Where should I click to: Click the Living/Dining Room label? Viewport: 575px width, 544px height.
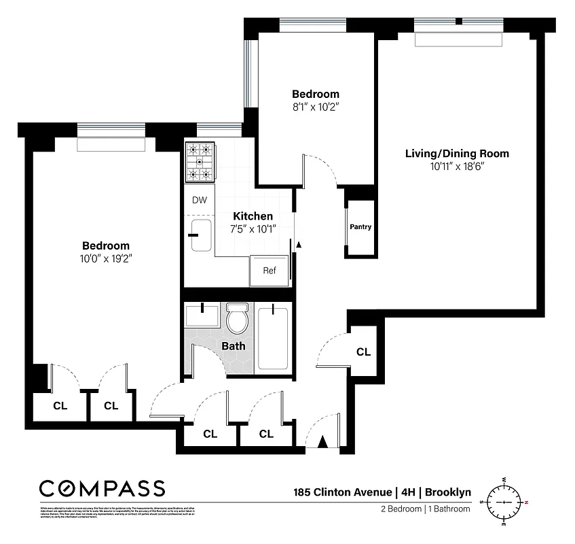click(456, 153)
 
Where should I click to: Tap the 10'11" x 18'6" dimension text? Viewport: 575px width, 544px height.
click(456, 167)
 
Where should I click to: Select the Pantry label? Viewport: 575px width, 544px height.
click(360, 227)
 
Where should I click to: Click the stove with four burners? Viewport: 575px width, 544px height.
click(200, 162)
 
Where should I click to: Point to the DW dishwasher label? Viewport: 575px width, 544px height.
click(198, 200)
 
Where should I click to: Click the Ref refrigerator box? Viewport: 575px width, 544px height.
click(270, 270)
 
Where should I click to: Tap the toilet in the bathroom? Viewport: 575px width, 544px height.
click(237, 319)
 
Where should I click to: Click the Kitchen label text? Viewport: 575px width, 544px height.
click(253, 216)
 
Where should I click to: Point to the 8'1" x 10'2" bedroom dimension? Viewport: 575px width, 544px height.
click(315, 107)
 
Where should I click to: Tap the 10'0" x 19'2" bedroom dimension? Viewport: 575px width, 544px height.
click(105, 258)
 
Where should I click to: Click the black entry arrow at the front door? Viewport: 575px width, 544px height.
click(323, 443)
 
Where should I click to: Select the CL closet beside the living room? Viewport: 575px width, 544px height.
click(364, 352)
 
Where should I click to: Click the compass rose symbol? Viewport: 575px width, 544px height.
click(504, 502)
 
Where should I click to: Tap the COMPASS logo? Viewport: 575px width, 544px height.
click(102, 488)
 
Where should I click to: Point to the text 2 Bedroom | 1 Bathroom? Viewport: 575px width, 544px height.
click(424, 509)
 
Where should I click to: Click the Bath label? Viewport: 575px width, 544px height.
click(234, 346)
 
